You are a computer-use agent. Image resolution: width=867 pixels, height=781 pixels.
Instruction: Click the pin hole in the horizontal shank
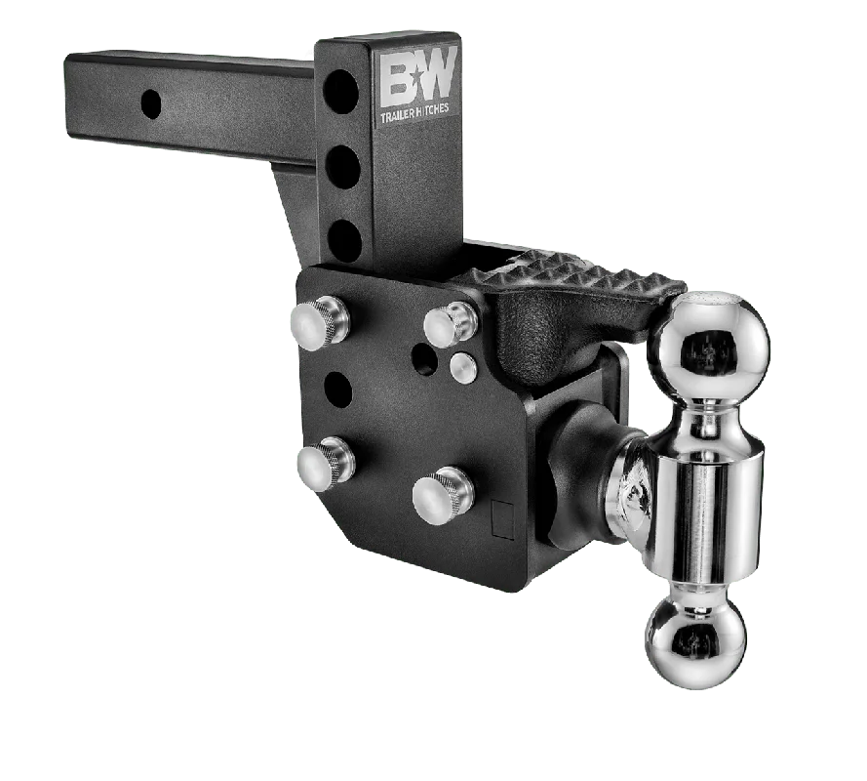[151, 103]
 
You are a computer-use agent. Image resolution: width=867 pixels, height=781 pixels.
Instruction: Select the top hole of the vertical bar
[340, 92]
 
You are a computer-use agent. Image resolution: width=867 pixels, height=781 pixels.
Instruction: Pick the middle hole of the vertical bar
[343, 167]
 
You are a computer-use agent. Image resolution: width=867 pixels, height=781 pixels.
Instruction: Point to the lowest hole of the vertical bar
[345, 241]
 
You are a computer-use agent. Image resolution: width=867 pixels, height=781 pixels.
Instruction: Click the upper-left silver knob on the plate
[320, 323]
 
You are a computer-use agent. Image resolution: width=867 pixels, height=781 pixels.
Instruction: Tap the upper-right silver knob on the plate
[451, 324]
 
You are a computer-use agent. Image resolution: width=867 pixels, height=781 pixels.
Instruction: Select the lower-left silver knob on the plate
[325, 464]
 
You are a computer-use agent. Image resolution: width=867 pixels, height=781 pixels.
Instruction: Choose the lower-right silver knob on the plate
[443, 495]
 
